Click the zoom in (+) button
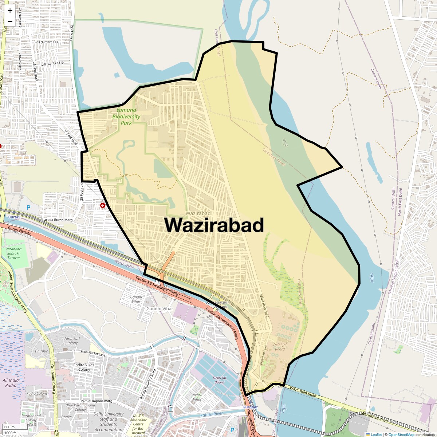[x=10, y=11]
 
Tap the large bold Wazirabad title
[x=214, y=225]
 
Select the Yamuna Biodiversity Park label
[x=126, y=116]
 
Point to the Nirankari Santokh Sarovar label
[x=13, y=253]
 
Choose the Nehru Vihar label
[x=197, y=397]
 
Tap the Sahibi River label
[x=212, y=414]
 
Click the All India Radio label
[x=11, y=383]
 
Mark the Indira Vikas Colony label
[x=84, y=367]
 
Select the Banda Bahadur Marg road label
[x=148, y=384]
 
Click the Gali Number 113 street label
[x=46, y=42]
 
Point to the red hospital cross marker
[x=103, y=206]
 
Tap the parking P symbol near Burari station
[x=28, y=208]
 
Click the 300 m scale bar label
[x=9, y=427]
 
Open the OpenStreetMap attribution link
[x=401, y=434]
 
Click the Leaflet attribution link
[x=376, y=434]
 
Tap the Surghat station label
[x=250, y=407]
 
